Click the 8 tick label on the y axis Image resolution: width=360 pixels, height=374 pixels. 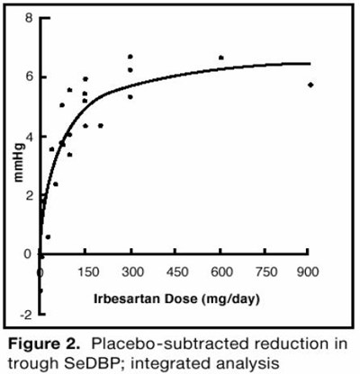[30, 18]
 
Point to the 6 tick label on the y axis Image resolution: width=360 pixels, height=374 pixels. [30, 76]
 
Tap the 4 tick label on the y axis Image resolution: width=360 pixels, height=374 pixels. [30, 137]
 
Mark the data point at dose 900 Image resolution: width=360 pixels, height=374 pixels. [310, 85]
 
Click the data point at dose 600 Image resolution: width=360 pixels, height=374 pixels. [220, 58]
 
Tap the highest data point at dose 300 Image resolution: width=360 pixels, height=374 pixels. [130, 57]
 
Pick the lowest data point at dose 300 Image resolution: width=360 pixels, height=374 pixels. [130, 96]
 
